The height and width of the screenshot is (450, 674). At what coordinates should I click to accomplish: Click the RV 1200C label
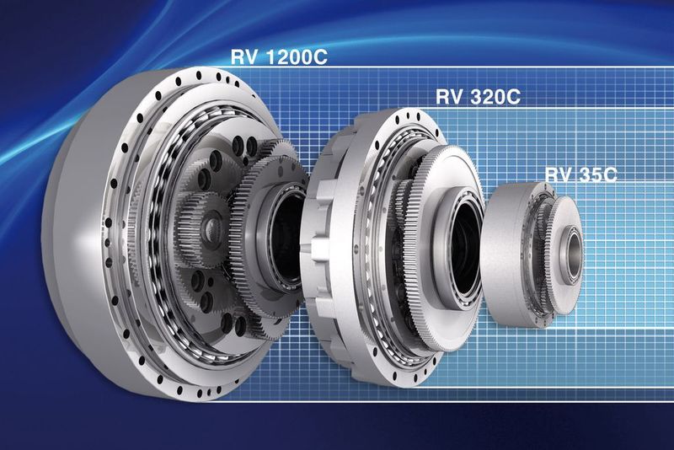[x=279, y=56]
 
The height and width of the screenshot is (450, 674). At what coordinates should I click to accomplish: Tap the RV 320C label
[x=478, y=97]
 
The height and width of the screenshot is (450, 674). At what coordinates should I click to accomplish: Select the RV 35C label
[x=581, y=174]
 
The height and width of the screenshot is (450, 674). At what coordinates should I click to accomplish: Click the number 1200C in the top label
[x=297, y=56]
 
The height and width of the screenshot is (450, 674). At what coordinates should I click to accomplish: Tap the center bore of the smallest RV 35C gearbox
[x=573, y=254]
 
